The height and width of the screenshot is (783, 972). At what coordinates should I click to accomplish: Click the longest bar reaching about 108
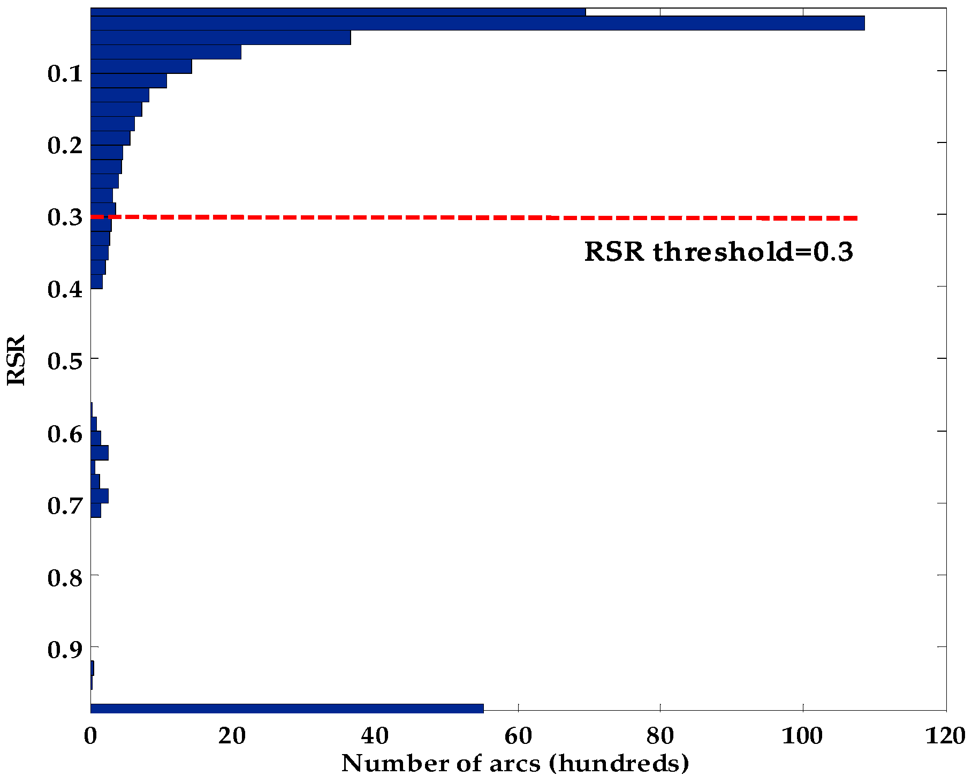pyautogui.click(x=476, y=24)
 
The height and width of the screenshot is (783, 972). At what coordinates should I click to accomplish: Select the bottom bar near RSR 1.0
pyautogui.click(x=287, y=708)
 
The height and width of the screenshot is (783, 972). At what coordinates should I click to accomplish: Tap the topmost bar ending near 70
pyautogui.click(x=337, y=12)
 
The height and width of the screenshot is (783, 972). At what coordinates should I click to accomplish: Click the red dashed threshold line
pyautogui.click(x=482, y=217)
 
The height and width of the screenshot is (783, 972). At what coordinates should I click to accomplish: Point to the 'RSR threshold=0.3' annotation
pyautogui.click(x=718, y=252)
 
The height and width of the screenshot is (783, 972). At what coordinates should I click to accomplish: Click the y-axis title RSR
pyautogui.click(x=16, y=360)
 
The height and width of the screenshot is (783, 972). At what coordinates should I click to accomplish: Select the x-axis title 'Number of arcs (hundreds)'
pyautogui.click(x=515, y=763)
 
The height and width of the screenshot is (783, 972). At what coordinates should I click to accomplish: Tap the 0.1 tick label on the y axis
pyautogui.click(x=65, y=73)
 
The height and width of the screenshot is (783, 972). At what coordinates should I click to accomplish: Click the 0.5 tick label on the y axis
pyautogui.click(x=65, y=361)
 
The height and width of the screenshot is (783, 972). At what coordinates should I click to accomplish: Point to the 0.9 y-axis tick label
pyautogui.click(x=65, y=650)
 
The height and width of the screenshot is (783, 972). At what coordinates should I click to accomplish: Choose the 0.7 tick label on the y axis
pyautogui.click(x=65, y=505)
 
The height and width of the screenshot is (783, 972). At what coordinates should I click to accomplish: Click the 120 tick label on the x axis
pyautogui.click(x=945, y=736)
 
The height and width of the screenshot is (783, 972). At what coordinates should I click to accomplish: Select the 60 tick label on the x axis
pyautogui.click(x=518, y=736)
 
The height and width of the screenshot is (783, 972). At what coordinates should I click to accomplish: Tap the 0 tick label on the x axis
pyautogui.click(x=90, y=736)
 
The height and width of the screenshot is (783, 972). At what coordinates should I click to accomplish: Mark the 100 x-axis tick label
pyautogui.click(x=802, y=736)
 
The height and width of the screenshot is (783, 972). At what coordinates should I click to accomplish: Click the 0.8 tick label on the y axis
pyautogui.click(x=65, y=577)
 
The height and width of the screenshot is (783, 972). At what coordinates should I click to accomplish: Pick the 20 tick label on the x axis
pyautogui.click(x=232, y=736)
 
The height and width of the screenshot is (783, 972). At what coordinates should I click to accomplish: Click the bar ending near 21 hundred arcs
pyautogui.click(x=166, y=52)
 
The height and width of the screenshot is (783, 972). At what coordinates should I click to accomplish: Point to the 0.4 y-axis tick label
pyautogui.click(x=65, y=289)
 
